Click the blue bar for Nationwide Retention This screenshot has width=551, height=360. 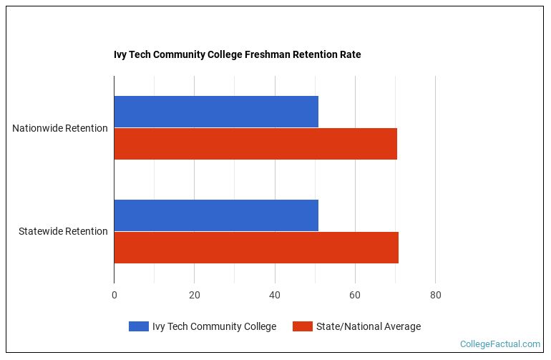(215, 112)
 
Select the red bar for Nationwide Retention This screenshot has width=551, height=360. (255, 144)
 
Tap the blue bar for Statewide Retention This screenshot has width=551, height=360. (215, 215)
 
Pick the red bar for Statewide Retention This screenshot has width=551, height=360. (255, 248)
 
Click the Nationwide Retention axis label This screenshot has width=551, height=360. (60, 128)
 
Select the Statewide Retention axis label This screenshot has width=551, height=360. (63, 231)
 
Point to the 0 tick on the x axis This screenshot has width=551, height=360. (114, 295)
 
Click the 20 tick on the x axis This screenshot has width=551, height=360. (194, 295)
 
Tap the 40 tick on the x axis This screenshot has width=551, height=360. (274, 295)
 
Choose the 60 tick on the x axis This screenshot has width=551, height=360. (354, 295)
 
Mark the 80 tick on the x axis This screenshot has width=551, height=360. (435, 295)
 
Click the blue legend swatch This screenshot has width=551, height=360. (138, 326)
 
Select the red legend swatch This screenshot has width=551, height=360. (302, 326)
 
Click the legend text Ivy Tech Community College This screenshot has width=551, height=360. (214, 326)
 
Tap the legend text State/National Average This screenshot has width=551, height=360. (368, 326)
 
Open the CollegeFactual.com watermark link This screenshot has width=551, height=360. (499, 344)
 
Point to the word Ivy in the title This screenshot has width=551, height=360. (121, 54)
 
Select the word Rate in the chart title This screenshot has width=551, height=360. (350, 54)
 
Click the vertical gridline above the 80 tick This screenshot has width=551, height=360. (435, 179)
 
